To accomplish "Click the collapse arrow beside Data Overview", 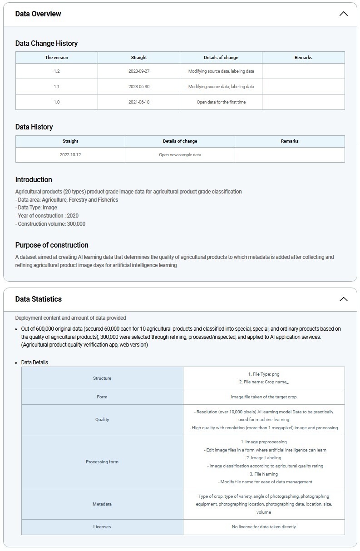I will pos(343,14).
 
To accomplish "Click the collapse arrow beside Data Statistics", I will pos(343,299).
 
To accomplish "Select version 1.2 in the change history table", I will pos(57,71).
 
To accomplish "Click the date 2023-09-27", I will pos(139,71).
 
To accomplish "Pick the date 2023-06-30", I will pos(139,86).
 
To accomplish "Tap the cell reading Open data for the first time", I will pos(221,102).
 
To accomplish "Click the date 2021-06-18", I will pos(139,102).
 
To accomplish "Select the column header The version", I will pos(57,58).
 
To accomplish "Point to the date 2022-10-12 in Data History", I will pos(70,155).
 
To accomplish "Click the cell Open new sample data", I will pos(180,155).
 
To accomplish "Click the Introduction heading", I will pos(34,179).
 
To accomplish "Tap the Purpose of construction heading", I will pos(52,245).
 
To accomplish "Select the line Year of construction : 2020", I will pos(47,216).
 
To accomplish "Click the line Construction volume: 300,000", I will pos(50,224).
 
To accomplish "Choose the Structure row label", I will pos(102,378).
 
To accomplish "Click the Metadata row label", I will pos(102,504).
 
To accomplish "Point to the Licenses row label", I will pos(102,527).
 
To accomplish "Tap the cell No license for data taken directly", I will pos(264,527).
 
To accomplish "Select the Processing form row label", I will pos(102,462).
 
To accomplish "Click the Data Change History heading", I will pos(46,43).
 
